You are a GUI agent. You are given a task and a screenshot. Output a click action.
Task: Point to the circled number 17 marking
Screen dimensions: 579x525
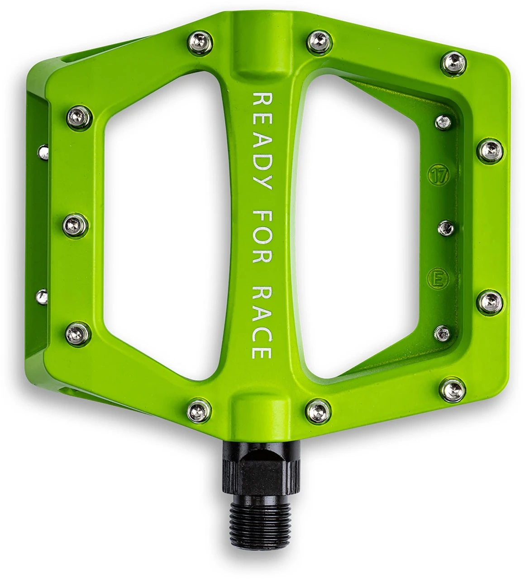(437, 176)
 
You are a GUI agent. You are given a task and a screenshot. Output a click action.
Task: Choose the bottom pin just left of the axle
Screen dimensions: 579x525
(200, 410)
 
